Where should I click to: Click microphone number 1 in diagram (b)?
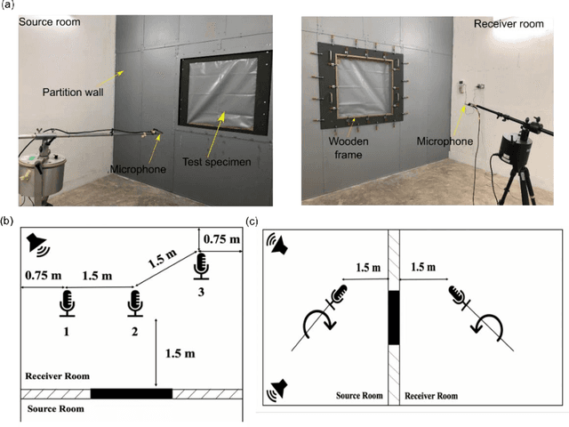click(67, 302)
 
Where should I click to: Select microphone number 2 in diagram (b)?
click(134, 302)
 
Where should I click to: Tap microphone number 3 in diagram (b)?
click(202, 264)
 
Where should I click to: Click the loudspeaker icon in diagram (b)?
click(37, 242)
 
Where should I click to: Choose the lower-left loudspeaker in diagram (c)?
click(279, 387)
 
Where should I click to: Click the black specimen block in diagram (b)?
click(131, 393)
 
